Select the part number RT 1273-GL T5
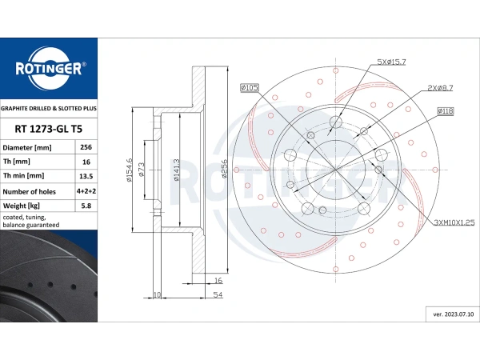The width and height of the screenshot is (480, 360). click(x=49, y=129)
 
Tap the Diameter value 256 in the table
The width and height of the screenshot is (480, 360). click(x=86, y=147)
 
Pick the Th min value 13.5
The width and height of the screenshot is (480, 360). click(x=86, y=176)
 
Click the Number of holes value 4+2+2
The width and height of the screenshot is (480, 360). click(x=86, y=191)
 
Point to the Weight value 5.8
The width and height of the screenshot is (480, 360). click(x=86, y=206)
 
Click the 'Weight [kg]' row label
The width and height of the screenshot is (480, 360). click(x=21, y=206)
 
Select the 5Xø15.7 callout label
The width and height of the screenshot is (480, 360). click(x=391, y=62)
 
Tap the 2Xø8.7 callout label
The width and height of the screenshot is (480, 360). click(x=440, y=88)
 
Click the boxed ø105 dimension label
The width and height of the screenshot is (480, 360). click(x=250, y=88)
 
